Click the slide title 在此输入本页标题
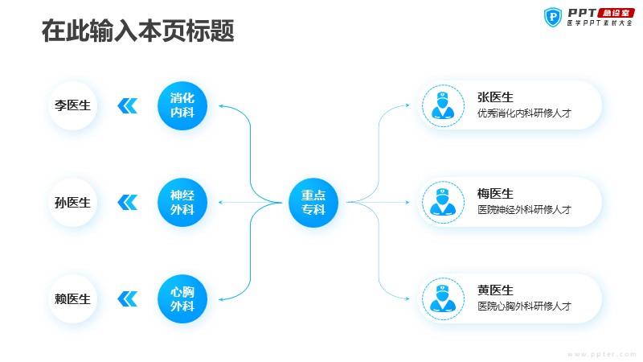[x=137, y=31]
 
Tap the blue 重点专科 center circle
[x=313, y=203]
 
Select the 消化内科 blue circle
[x=182, y=105]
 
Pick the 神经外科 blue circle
[x=182, y=203]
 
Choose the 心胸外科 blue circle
[x=182, y=298]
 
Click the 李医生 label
[x=72, y=105]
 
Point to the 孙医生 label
[x=72, y=203]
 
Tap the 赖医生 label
[x=72, y=298]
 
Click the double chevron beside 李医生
[x=128, y=105]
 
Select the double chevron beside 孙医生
[x=128, y=203]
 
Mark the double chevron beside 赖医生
[x=128, y=298]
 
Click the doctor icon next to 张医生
[x=443, y=105]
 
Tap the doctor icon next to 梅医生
[x=443, y=203]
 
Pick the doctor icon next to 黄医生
[x=443, y=298]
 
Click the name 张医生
[x=495, y=97]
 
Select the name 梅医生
[x=495, y=194]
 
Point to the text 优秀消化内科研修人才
[x=524, y=113]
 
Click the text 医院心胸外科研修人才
[x=524, y=306]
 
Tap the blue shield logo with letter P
[x=553, y=17]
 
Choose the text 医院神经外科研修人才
[x=524, y=210]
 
